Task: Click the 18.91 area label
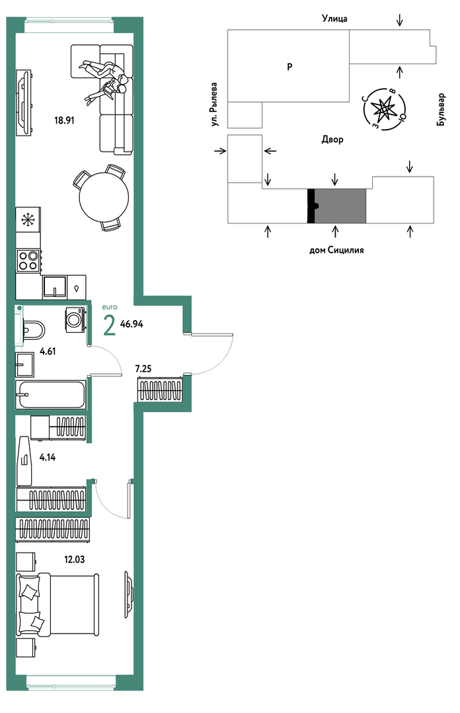[64, 120]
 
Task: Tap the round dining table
[104, 198]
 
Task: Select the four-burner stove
[28, 261]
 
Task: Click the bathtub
[50, 395]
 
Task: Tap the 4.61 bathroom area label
[48, 351]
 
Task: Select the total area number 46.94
[132, 324]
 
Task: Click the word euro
[110, 307]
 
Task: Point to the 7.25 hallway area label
[143, 369]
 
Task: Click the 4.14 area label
[48, 458]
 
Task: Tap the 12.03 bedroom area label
[75, 560]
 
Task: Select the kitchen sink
[55, 286]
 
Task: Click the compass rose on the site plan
[385, 108]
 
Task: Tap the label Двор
[332, 139]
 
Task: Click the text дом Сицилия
[336, 249]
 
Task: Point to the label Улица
[334, 19]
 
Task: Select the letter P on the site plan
[289, 66]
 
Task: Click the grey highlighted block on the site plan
[340, 206]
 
